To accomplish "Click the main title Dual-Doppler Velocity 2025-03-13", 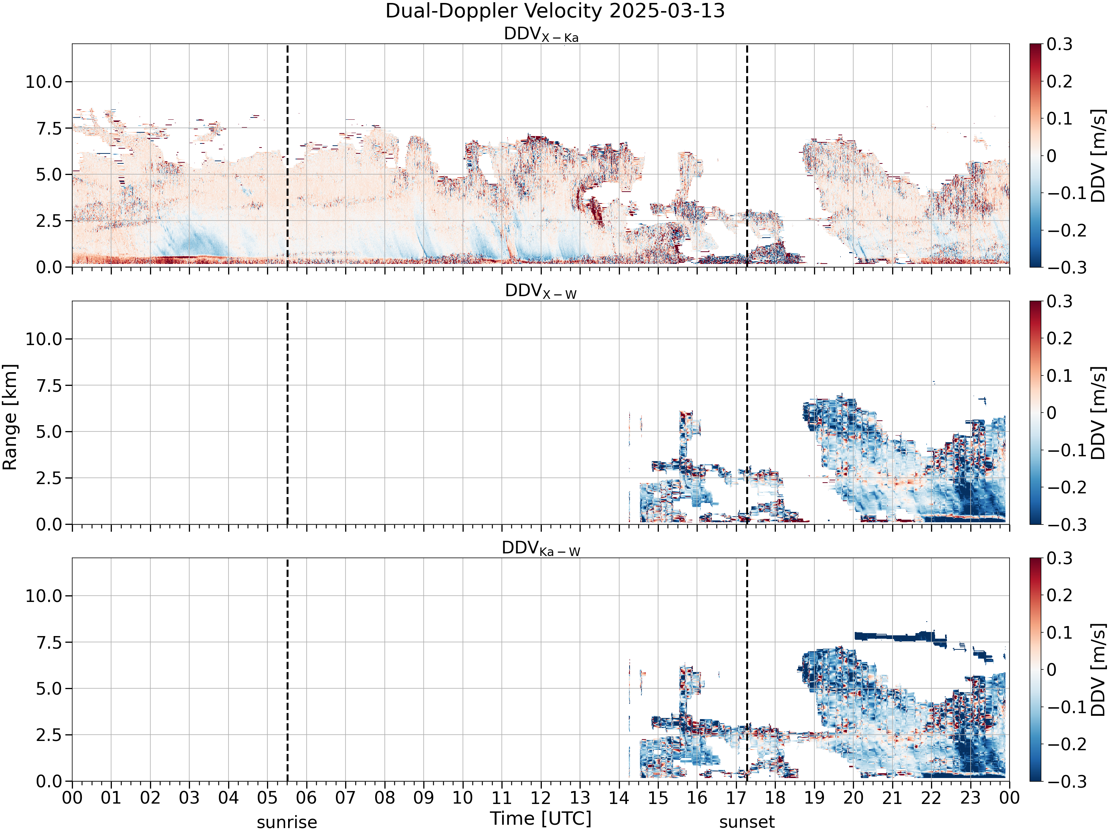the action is pos(555,11).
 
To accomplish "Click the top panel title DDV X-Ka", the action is pos(541,35).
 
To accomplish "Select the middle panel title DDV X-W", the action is pos(541,292).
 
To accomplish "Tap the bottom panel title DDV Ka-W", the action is pos(541,549).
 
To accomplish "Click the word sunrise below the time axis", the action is pos(287,823).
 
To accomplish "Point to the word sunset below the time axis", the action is pos(747,823).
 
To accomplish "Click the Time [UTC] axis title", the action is pos(541,819).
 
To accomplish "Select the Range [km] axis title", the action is pos(10,417).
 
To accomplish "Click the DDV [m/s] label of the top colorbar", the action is pos(1098,155).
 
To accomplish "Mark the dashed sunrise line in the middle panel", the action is pos(287,413).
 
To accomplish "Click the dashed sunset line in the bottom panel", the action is pos(747,670).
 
